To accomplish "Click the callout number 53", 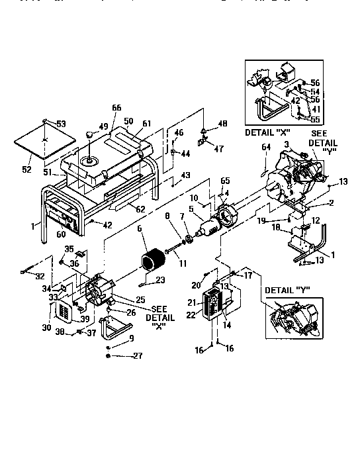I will point(62,124).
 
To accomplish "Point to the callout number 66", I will point(116,109).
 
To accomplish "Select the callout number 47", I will point(220,150).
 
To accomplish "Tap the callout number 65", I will point(225,181).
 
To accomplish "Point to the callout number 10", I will point(194,198).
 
